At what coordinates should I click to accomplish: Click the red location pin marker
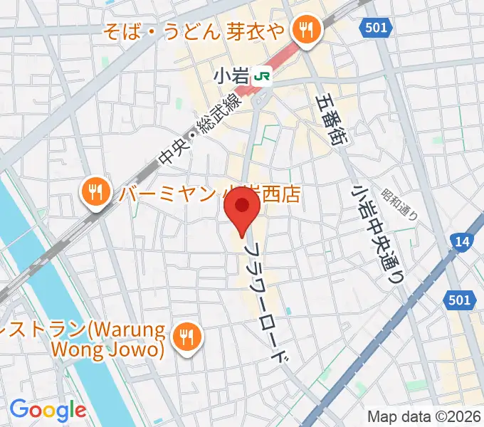pyautogui.click(x=242, y=211)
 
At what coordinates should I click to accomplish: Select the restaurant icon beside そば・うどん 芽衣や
pyautogui.click(x=307, y=29)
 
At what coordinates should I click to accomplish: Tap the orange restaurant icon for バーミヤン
pyautogui.click(x=95, y=191)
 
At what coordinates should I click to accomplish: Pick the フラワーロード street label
pyautogui.click(x=268, y=302)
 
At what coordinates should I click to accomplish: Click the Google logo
pyautogui.click(x=48, y=410)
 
